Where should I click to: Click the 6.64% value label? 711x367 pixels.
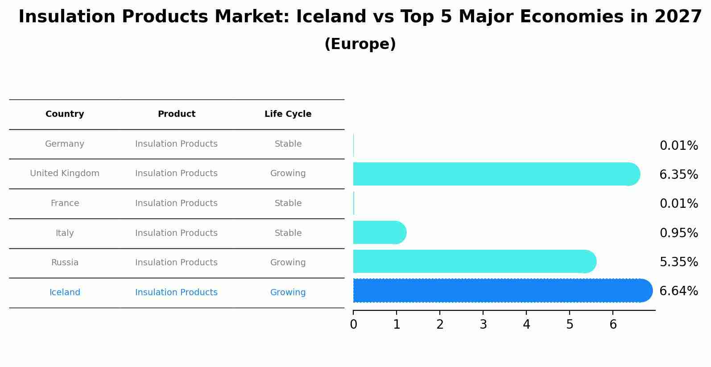click(678, 291)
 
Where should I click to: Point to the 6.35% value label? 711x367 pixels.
click(678, 175)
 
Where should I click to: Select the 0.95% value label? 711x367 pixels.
click(678, 233)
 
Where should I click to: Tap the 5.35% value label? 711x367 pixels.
click(678, 262)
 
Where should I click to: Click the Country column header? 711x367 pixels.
click(65, 114)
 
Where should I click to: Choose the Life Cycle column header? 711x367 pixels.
click(288, 114)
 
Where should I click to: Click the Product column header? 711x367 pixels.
click(177, 114)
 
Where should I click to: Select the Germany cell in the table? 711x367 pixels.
click(65, 144)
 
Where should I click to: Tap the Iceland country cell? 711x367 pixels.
click(65, 293)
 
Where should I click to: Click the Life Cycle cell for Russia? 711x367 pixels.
click(288, 263)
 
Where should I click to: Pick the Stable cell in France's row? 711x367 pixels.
click(288, 203)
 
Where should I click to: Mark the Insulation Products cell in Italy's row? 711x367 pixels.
click(177, 233)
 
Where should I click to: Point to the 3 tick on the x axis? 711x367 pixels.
click(483, 325)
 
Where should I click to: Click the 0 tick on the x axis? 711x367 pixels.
click(353, 325)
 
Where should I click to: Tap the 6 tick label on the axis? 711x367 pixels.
click(613, 325)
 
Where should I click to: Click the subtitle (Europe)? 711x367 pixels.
click(360, 45)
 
